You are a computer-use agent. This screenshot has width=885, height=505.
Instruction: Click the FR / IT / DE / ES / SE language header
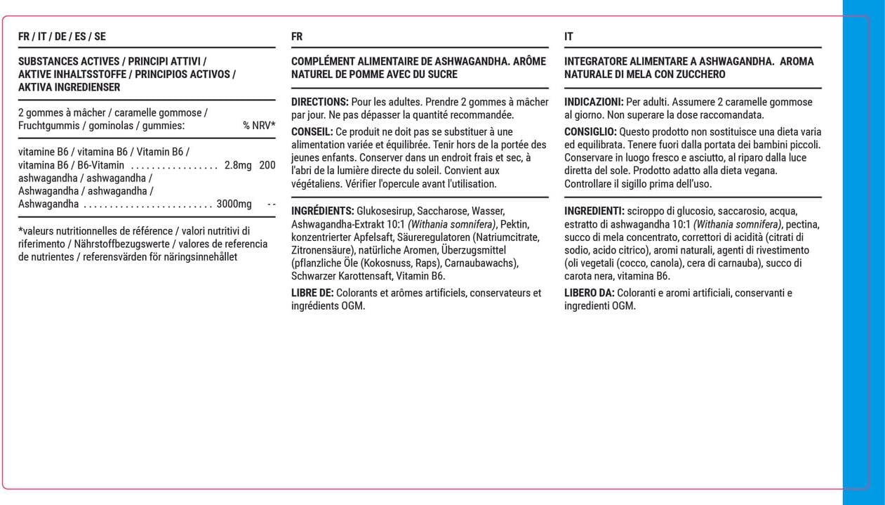(62, 37)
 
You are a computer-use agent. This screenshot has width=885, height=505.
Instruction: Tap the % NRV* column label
(259, 126)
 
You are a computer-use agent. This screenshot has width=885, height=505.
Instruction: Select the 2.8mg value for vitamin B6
(238, 165)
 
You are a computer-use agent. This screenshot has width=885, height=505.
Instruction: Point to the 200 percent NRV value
(267, 165)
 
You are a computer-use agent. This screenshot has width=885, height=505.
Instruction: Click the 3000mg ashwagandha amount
(234, 204)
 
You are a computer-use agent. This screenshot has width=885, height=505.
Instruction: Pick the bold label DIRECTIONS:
(319, 102)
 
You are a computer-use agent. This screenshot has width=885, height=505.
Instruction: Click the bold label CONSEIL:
(312, 132)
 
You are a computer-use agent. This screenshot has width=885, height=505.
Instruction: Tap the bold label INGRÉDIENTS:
(322, 211)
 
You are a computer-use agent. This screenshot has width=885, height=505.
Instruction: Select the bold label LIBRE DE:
(312, 293)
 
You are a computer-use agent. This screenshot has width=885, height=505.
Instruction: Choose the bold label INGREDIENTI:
(594, 211)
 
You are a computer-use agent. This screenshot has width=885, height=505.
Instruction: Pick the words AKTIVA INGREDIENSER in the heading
(69, 88)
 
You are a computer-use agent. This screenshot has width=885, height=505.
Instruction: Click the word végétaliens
(315, 184)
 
